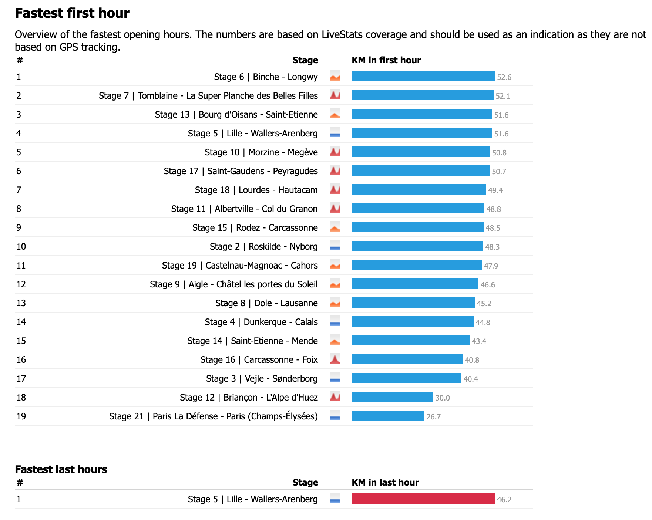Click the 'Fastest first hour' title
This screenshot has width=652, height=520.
click(72, 13)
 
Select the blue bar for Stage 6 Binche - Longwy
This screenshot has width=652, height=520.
click(423, 77)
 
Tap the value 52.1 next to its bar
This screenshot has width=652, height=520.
click(503, 96)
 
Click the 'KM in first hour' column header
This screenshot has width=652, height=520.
click(386, 60)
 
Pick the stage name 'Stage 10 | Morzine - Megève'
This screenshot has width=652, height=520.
click(261, 152)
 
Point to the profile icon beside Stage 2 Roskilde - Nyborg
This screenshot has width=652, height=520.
click(335, 246)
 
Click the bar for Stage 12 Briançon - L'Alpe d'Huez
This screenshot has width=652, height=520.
click(392, 397)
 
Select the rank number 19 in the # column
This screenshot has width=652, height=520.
click(21, 416)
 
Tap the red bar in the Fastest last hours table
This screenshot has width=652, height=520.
click(423, 499)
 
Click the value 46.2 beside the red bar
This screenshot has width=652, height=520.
click(504, 500)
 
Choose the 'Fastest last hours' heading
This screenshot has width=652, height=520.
click(61, 469)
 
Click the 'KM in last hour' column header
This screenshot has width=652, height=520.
click(385, 482)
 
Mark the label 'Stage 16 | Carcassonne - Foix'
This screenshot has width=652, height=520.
click(259, 359)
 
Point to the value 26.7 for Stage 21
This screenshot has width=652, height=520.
click(433, 417)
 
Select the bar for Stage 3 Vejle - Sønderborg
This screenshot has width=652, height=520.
click(406, 378)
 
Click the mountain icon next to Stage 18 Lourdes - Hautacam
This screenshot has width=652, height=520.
click(335, 190)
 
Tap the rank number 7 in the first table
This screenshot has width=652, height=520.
click(19, 190)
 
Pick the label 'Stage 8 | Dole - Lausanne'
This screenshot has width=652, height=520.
click(266, 303)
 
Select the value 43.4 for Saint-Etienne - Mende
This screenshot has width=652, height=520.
click(479, 341)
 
